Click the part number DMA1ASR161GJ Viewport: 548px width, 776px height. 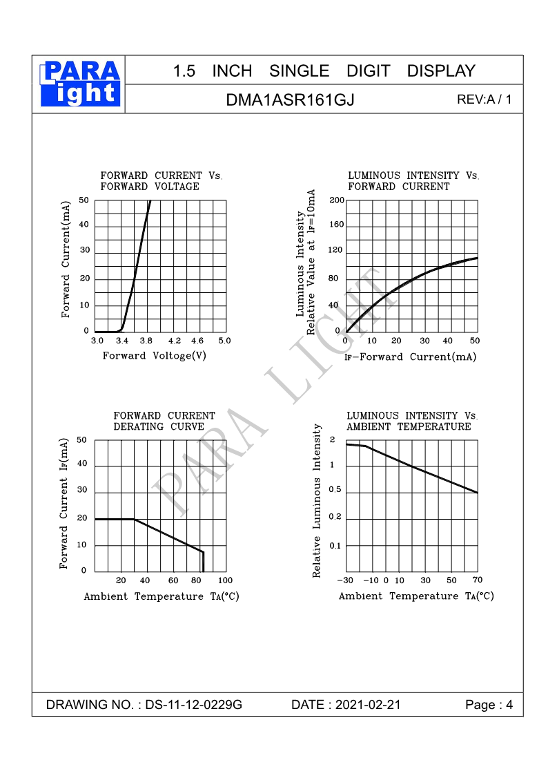point(290,100)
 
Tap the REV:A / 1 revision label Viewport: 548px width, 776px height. point(485,99)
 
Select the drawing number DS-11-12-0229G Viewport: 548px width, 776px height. point(193,705)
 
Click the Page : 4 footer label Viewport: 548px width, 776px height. point(489,705)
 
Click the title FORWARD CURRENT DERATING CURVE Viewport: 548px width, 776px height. point(164,421)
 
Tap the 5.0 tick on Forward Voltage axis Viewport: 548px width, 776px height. point(224,341)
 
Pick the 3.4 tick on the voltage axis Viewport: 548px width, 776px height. point(122,341)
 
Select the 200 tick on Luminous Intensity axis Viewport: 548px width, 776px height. point(336,200)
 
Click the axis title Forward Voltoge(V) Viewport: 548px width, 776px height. point(155,356)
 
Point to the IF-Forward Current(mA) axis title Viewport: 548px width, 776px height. point(410,357)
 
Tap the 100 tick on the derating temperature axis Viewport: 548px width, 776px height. point(225,580)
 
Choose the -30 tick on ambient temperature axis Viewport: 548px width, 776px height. point(346,580)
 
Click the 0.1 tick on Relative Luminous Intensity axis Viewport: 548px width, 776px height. point(335,546)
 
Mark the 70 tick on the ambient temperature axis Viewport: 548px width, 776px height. point(478,580)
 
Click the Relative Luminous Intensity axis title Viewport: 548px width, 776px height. point(317,501)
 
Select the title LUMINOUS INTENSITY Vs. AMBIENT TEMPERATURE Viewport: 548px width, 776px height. point(412,421)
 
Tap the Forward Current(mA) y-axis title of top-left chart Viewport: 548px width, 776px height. point(66,259)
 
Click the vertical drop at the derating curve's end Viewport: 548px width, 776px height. point(203,561)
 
